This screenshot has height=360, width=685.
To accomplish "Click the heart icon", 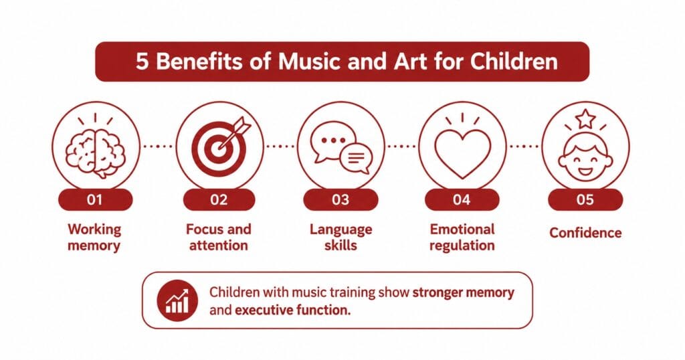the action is tap(463, 153).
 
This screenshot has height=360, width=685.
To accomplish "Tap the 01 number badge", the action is tap(95, 199).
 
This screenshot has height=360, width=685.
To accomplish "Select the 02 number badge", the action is tap(219, 199).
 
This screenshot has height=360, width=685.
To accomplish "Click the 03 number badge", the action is tap(340, 199).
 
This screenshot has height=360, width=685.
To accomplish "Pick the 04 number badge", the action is tap(462, 199).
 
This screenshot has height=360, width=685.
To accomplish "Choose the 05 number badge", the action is tap(585, 199).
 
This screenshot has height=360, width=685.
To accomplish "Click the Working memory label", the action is tap(94, 238).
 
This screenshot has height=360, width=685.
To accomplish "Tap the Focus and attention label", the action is tap(219, 238).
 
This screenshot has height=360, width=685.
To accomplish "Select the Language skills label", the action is tap(340, 238).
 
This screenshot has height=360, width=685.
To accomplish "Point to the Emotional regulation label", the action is tap(462, 238).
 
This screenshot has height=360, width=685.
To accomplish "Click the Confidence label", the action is tap(585, 233).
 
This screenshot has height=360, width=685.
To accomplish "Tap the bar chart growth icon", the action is tap(177, 300).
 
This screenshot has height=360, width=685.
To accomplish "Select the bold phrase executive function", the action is tap(292, 310).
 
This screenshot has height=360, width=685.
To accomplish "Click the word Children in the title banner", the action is tap(514, 61).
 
